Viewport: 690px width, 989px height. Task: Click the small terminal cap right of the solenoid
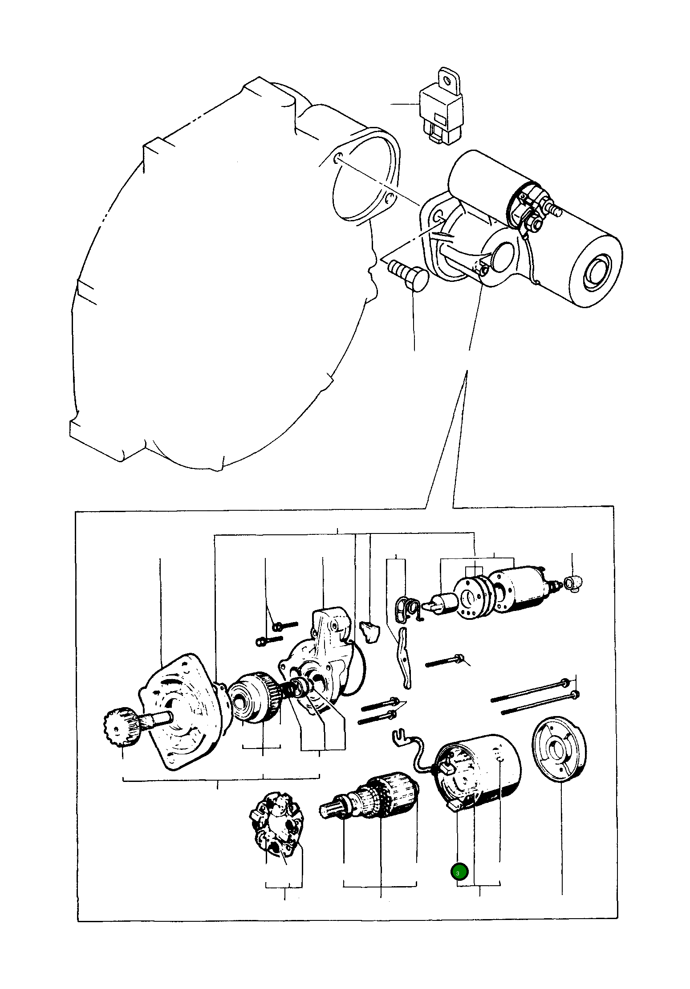(574, 582)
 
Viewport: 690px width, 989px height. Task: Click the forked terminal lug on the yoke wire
(402, 737)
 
